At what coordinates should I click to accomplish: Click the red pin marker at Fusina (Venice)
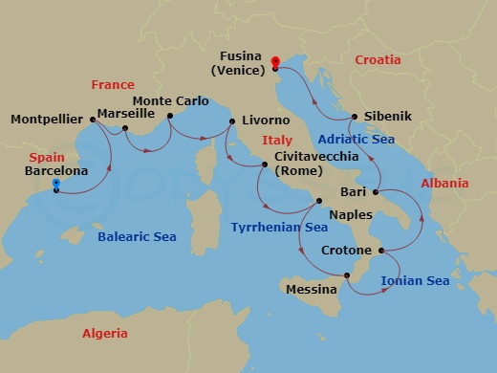tap(274, 63)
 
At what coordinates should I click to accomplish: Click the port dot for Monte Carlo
tap(170, 118)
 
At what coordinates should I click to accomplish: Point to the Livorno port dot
tap(229, 121)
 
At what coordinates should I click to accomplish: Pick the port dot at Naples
tap(319, 201)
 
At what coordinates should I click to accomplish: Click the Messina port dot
tap(348, 276)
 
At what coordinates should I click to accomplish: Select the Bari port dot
tap(375, 192)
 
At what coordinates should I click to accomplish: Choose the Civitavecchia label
tap(317, 156)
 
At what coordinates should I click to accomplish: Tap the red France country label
tap(112, 84)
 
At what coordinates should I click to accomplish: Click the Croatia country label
tap(378, 59)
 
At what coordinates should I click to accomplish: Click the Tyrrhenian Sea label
tap(278, 228)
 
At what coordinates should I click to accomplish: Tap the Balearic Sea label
tap(142, 236)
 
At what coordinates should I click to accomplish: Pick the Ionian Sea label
tap(415, 280)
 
